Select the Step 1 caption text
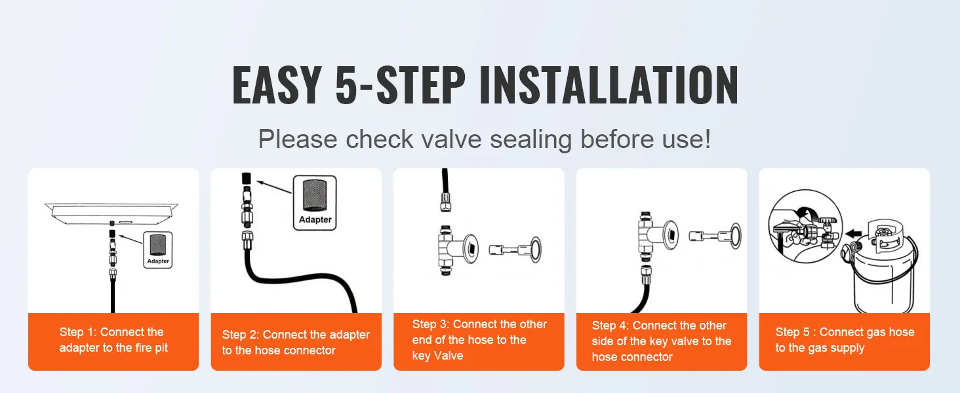[x=113, y=340]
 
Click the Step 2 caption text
[x=296, y=343]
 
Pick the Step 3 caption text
[x=479, y=340]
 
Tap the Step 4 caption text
[x=661, y=341]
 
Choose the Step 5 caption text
[x=844, y=341]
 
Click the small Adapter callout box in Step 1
[x=158, y=250]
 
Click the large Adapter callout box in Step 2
[x=315, y=202]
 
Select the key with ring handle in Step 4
[x=717, y=234]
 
